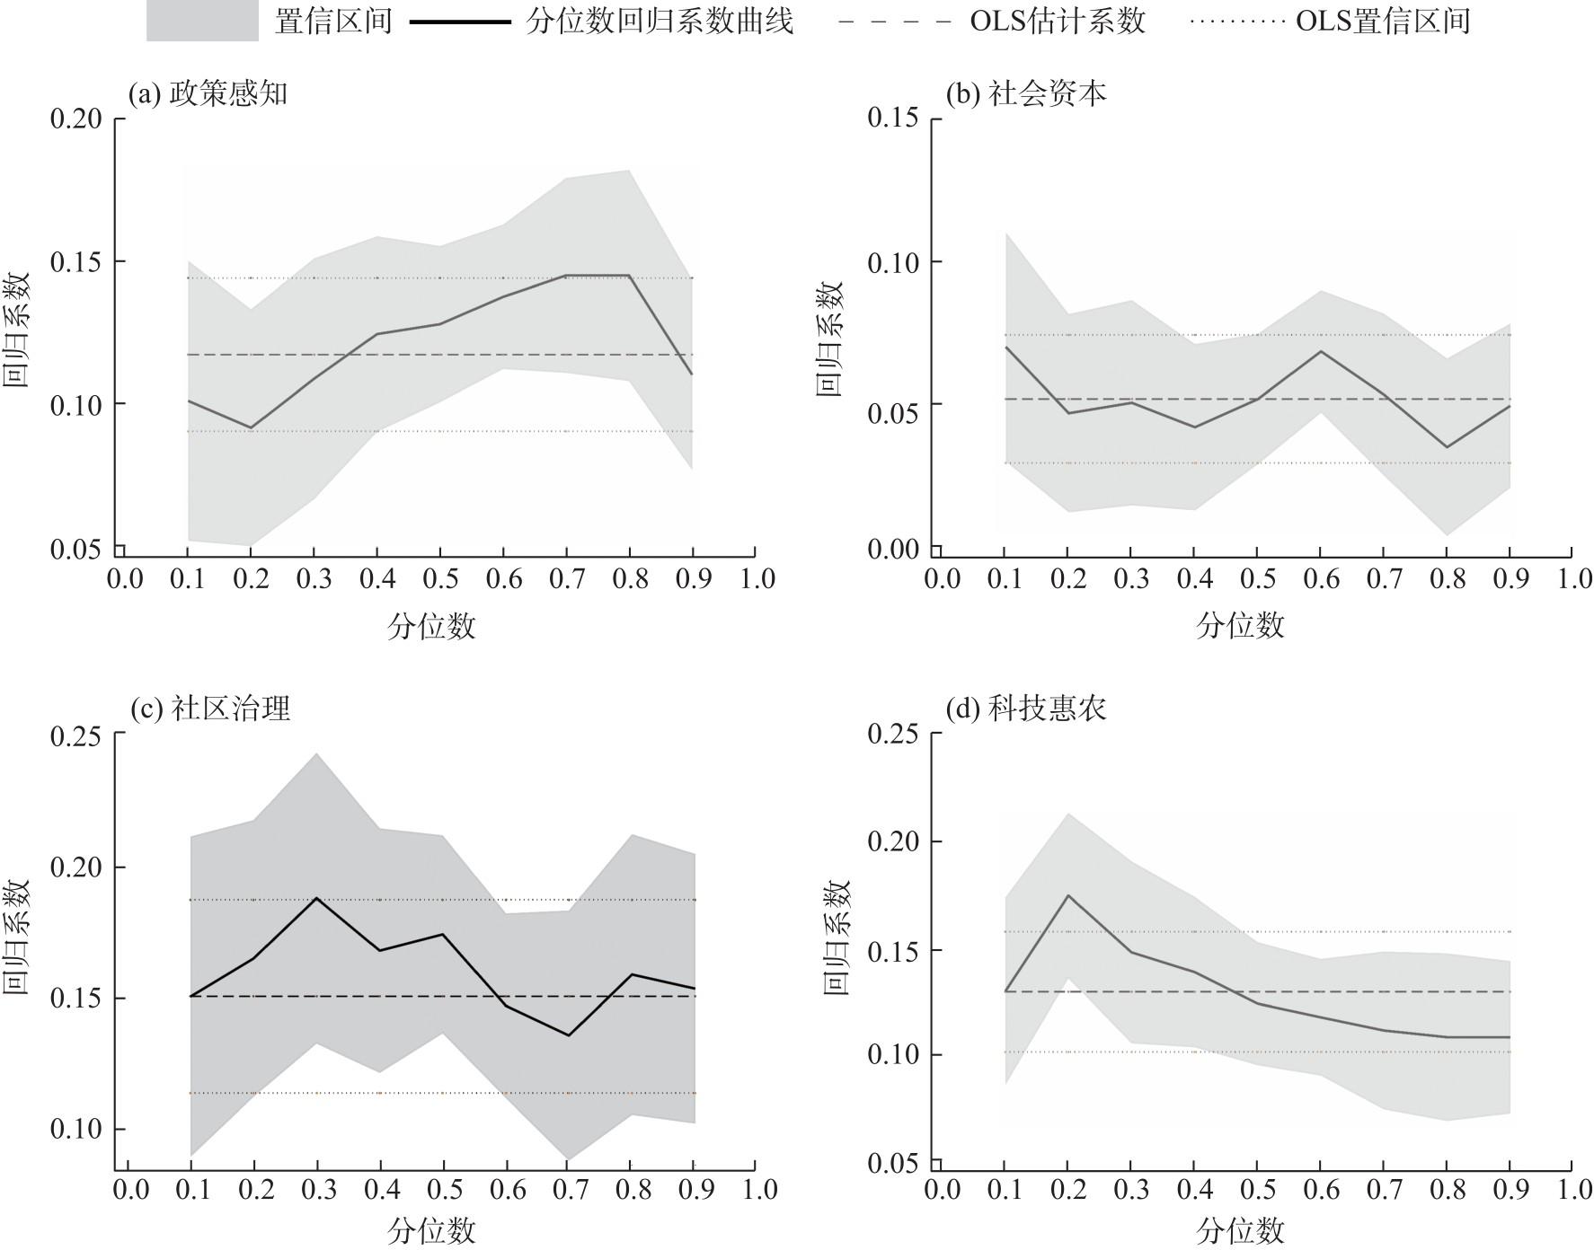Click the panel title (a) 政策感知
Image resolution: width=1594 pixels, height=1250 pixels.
pos(208,93)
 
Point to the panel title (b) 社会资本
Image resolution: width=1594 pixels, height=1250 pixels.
pos(1026,93)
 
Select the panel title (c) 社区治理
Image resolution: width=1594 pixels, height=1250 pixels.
pos(210,709)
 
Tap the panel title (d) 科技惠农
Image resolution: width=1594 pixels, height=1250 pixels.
pos(1026,709)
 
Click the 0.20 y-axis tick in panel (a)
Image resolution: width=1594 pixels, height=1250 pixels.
pos(75,119)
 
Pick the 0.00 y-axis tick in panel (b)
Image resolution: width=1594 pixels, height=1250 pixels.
pos(893,549)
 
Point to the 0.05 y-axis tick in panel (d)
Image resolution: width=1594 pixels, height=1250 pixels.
pos(893,1164)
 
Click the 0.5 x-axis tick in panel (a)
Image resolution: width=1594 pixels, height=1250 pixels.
pos(441,579)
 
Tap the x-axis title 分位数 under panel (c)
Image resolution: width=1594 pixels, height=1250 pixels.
pos(431,1230)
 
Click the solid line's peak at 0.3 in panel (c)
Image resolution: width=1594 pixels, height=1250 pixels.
pos(316,897)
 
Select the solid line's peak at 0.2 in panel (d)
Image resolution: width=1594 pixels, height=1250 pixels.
pos(1068,894)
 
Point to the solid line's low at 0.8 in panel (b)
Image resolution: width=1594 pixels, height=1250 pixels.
pos(1447,447)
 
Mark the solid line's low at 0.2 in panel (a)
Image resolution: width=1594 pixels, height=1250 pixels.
pos(252,428)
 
